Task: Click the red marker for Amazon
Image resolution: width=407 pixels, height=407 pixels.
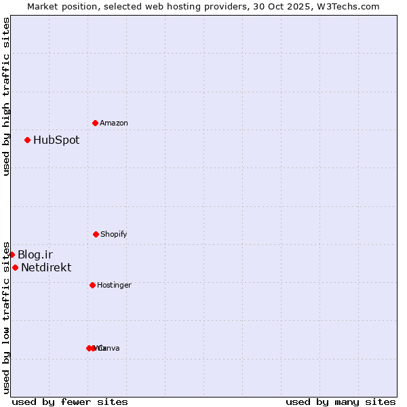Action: tap(96, 123)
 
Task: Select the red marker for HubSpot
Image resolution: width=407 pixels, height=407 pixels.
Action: tap(28, 140)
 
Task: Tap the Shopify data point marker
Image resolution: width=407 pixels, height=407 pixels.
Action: tap(96, 234)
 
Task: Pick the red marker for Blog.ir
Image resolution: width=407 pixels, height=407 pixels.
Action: tap(12, 254)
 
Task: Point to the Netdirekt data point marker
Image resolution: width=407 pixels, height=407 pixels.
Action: tap(15, 267)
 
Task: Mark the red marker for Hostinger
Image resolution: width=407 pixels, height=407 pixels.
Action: tap(92, 285)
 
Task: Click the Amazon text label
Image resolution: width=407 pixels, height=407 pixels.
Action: tap(114, 123)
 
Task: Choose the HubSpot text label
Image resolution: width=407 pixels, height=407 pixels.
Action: tap(56, 140)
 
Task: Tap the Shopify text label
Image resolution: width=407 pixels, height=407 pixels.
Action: tap(114, 234)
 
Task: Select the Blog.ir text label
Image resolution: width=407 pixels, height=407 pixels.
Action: tap(35, 254)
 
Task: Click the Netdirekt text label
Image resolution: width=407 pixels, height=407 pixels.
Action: tap(46, 267)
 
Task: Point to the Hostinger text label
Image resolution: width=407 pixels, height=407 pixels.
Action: tap(114, 285)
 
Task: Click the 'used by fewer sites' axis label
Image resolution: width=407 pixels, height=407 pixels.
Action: tap(70, 402)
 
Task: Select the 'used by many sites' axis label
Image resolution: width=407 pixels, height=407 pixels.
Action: tap(341, 402)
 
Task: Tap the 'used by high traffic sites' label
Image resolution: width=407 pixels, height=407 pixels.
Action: tap(6, 96)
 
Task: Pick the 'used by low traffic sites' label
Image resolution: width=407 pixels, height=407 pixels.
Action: tap(6, 317)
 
